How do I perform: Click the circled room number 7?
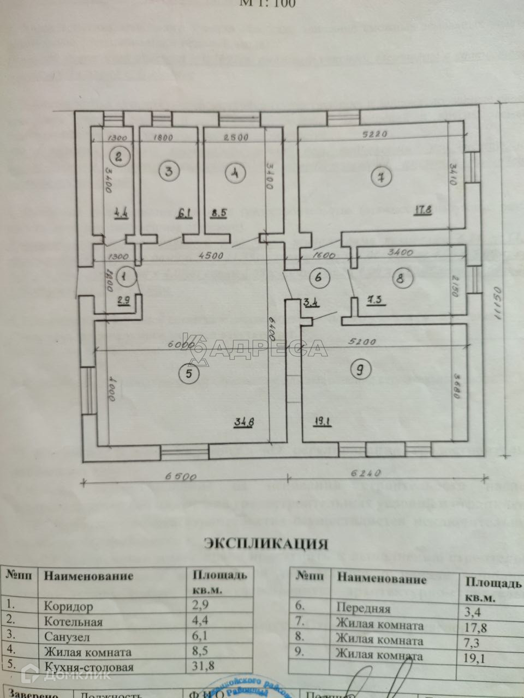378,176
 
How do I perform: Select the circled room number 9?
360,370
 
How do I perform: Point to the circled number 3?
169,171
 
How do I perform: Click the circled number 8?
401,279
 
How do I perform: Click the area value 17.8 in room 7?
422,210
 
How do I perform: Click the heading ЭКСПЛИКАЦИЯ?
266,544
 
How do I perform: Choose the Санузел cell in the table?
67,637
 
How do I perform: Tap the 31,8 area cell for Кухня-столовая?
203,666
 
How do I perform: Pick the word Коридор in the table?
68,606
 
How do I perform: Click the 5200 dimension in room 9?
364,342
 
